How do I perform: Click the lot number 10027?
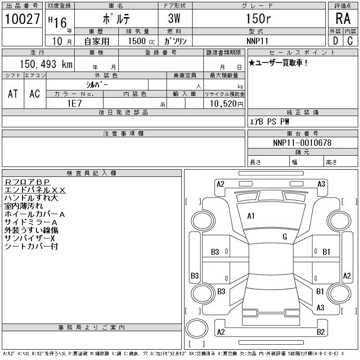coord(22,19)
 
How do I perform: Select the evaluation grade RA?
coord(343,18)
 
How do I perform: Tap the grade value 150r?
coord(259,19)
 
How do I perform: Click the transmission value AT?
coord(13,94)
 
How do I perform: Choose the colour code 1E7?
coord(74,103)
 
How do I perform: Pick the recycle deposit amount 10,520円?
coord(224,103)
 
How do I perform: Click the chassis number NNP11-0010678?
coord(302,143)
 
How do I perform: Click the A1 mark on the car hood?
coord(251,216)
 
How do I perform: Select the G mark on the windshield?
coord(284,237)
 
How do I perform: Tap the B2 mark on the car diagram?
coord(320,332)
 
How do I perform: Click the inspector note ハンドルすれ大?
coord(31,198)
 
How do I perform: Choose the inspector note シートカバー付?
coord(31,247)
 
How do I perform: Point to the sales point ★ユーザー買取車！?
coord(279,63)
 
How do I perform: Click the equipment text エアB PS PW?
coord(270,121)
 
